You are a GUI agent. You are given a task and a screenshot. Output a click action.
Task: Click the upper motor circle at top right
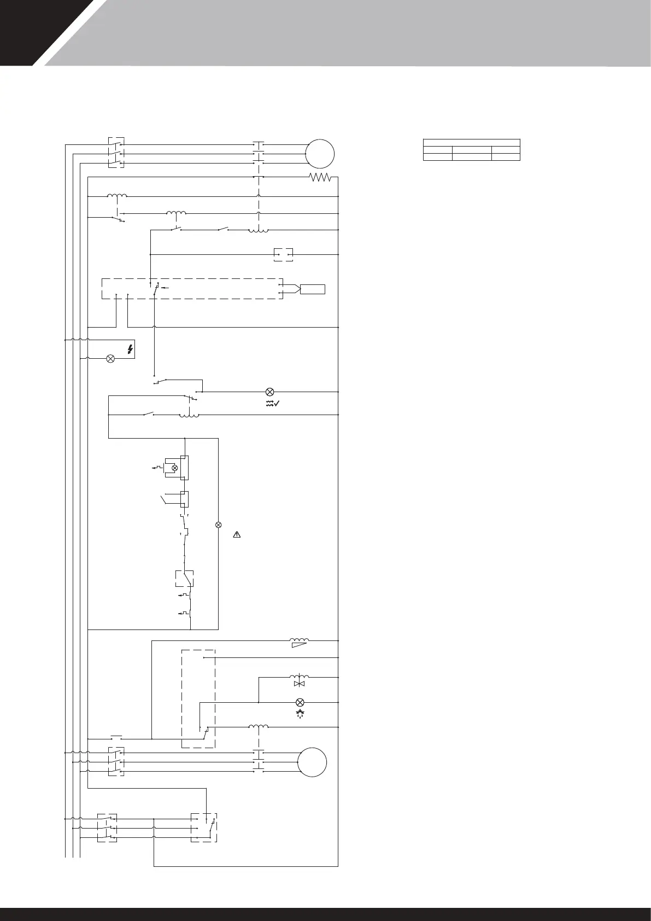(x=320, y=154)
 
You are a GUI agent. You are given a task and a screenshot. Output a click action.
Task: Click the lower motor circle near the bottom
(x=312, y=761)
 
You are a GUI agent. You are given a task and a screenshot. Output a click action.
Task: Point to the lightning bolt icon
(x=130, y=349)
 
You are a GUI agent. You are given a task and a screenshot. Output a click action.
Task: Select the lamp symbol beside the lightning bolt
(x=110, y=359)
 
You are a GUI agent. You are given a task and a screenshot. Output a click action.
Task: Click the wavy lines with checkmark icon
(x=272, y=404)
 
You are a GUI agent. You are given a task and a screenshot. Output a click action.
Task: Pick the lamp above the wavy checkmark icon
(x=269, y=392)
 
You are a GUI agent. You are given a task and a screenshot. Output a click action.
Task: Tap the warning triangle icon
(x=237, y=534)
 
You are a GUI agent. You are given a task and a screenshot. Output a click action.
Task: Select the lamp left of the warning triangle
(x=219, y=525)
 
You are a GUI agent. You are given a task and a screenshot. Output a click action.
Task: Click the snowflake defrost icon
(x=299, y=714)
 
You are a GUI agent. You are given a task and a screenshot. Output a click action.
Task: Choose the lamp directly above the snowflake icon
(x=299, y=702)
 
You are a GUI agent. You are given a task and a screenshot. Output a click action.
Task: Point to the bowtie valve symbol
(x=299, y=684)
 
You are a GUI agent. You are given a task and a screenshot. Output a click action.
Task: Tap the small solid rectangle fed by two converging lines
(x=312, y=289)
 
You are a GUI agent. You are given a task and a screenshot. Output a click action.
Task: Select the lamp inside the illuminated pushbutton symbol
(x=175, y=468)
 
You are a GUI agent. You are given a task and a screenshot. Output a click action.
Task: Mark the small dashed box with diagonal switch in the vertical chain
(x=184, y=578)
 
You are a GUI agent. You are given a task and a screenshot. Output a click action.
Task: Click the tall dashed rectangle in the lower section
(x=198, y=698)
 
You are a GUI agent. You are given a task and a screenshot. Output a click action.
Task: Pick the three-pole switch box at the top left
(x=116, y=153)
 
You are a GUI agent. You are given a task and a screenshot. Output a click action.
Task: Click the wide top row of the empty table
(x=471, y=142)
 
